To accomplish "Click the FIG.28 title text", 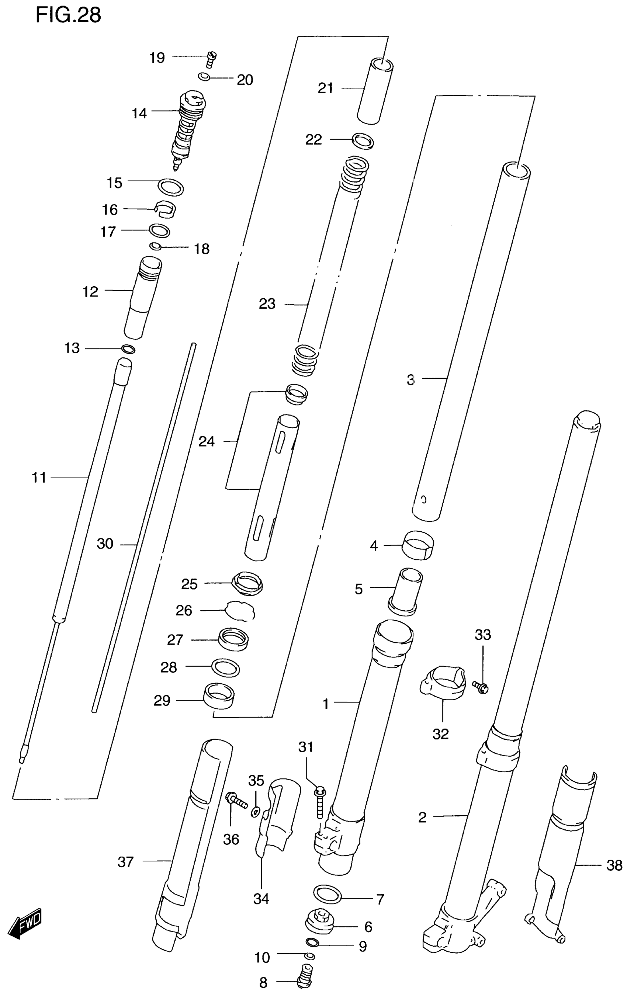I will [68, 15].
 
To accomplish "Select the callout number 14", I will [139, 113].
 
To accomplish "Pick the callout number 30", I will [105, 544].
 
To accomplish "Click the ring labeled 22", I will [363, 140].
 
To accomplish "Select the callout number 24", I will [207, 442].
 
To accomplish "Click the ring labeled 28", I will [225, 667].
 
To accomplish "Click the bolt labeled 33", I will [481, 687].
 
